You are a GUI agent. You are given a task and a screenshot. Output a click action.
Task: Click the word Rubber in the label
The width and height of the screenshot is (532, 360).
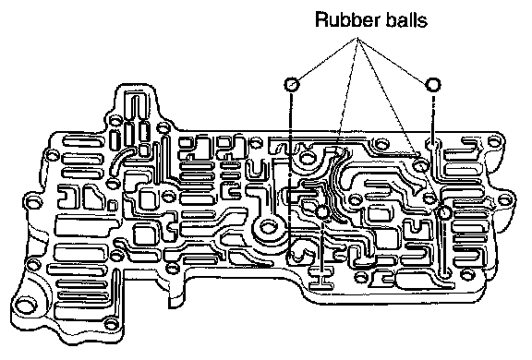pos(348,19)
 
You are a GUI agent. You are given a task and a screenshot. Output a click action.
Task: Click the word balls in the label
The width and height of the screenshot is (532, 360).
pos(406,19)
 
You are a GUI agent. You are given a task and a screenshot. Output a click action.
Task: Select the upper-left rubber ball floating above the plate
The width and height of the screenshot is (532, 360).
pos(292,84)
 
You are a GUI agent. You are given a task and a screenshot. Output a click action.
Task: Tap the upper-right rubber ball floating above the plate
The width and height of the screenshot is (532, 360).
pos(433,84)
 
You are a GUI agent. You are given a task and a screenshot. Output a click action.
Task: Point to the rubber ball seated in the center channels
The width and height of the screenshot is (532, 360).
pos(322,212)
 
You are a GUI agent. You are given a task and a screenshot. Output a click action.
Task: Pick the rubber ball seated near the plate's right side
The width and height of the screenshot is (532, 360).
pos(444,212)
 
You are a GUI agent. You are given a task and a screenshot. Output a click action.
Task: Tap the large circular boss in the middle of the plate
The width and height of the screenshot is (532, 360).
pos(269,226)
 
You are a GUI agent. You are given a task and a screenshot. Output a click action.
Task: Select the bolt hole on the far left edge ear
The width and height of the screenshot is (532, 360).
pos(33,203)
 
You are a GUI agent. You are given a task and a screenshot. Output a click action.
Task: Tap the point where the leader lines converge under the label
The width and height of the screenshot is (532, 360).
pos(357,37)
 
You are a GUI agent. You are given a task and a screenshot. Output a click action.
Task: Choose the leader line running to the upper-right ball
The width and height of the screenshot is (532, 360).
pos(393,59)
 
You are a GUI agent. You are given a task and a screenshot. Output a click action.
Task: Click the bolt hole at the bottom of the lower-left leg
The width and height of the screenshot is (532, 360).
pos(111,324)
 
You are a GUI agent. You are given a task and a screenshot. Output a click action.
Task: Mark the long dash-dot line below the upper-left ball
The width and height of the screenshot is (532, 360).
pos(290,174)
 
